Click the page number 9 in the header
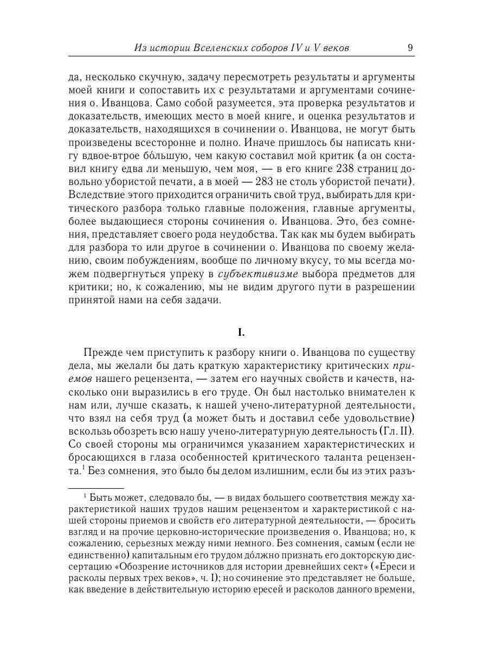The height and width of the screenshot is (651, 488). pyautogui.click(x=410, y=48)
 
